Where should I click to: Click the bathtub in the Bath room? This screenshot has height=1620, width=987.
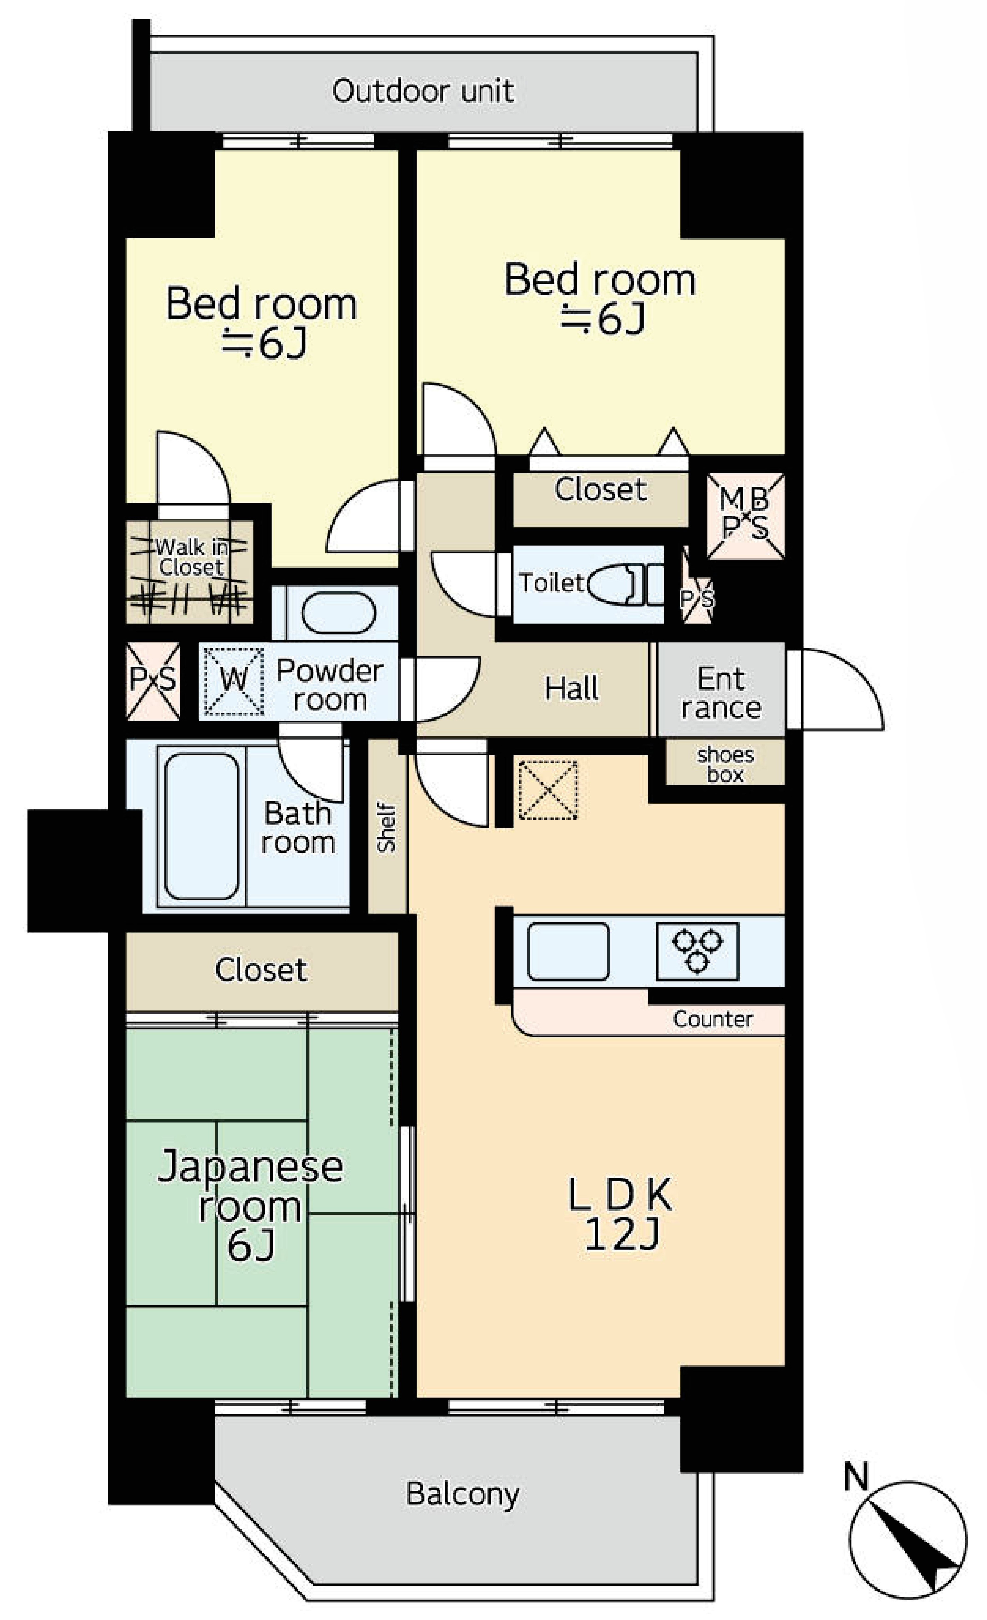[x=201, y=826]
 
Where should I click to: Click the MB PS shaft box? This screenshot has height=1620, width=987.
[x=745, y=517]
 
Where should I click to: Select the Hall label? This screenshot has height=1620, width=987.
[x=571, y=688]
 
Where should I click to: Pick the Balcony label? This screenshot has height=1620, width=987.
[x=462, y=1494]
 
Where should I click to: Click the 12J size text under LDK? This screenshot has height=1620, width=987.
[x=621, y=1235]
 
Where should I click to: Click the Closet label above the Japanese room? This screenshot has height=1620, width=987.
[x=261, y=970]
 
